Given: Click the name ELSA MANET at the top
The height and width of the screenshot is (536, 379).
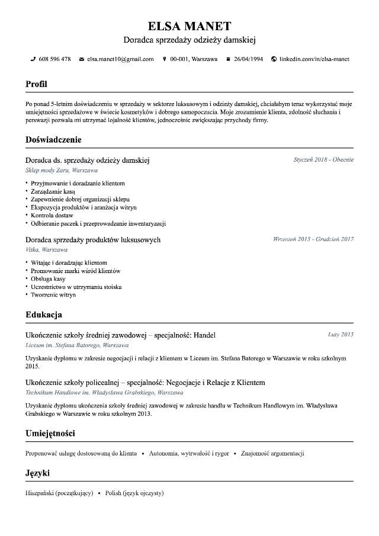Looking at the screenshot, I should (x=189, y=26).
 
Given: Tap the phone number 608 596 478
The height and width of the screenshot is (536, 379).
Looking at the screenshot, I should (x=54, y=59).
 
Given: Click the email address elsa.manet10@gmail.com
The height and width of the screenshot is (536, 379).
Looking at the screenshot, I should (x=120, y=59).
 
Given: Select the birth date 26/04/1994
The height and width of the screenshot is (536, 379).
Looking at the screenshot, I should (x=248, y=59).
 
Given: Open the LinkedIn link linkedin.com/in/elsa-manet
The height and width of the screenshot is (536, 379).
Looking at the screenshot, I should (x=314, y=59).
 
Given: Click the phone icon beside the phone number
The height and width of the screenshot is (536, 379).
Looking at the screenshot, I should (x=33, y=59).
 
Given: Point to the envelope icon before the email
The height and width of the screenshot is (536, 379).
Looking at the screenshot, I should (x=82, y=59).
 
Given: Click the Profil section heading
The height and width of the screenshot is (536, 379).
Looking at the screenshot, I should (x=36, y=84).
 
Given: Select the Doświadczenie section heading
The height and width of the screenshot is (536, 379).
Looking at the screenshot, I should (x=53, y=140).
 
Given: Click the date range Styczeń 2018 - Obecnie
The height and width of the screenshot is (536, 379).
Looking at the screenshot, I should (x=323, y=159).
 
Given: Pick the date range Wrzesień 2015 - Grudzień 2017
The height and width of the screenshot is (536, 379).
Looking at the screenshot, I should (x=313, y=239).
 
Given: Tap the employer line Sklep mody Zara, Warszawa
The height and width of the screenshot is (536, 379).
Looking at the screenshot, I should (x=62, y=170).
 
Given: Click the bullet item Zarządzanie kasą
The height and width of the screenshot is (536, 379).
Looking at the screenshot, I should (x=53, y=192).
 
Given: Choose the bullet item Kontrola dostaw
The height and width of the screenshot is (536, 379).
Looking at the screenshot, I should (x=52, y=216).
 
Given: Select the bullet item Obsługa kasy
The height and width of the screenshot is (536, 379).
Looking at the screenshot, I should (x=48, y=279).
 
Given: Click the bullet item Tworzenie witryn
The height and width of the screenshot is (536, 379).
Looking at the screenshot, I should (x=53, y=295).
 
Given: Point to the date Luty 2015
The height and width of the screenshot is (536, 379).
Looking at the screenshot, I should (x=341, y=335).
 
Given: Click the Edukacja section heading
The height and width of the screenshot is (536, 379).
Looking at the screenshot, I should (x=44, y=314).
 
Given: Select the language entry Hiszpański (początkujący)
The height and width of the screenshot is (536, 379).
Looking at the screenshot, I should (x=59, y=493).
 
